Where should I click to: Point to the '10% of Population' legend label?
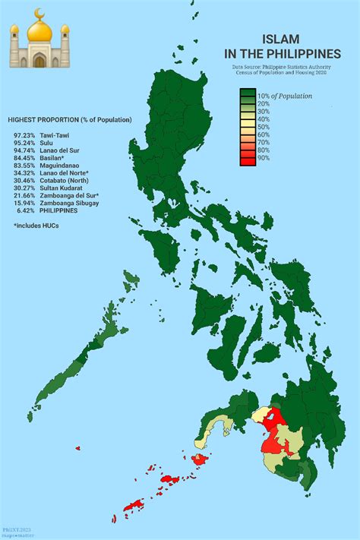click(284, 96)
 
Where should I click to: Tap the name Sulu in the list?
click(47, 142)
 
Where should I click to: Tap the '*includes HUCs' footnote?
click(36, 226)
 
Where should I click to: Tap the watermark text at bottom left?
click(15, 531)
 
